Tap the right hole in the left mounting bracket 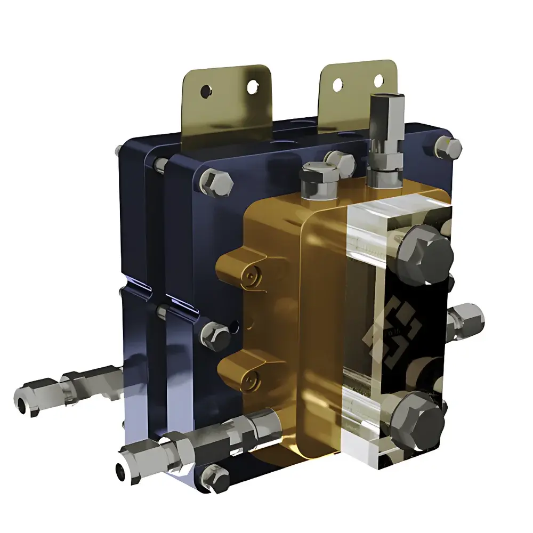(251, 85)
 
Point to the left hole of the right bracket (337, 84)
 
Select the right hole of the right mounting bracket (378, 80)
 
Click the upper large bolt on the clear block (425, 255)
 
